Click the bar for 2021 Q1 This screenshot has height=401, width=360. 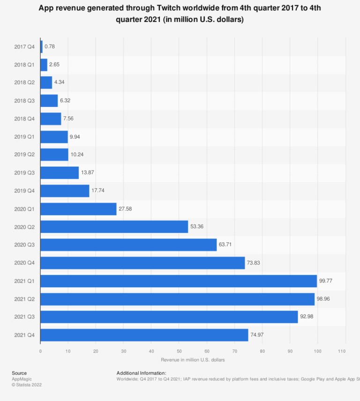[179, 281]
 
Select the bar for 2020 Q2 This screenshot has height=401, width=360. [114, 227]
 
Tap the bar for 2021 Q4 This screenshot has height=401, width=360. [144, 335]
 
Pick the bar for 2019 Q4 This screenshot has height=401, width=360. [65, 191]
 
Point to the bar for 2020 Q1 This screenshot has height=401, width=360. [78, 209]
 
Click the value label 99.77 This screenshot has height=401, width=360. [326, 281]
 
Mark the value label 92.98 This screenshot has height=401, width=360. [307, 317]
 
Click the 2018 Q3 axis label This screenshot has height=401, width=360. [24, 101]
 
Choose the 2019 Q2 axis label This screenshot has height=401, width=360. [24, 155]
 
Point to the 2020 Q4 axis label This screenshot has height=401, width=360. [24, 263]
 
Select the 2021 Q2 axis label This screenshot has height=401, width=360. [24, 299]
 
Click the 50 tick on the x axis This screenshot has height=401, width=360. [179, 351]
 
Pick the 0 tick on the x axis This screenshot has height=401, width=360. [40, 351]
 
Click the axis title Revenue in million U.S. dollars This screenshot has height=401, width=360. [193, 360]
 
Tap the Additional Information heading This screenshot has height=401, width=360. [141, 373]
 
